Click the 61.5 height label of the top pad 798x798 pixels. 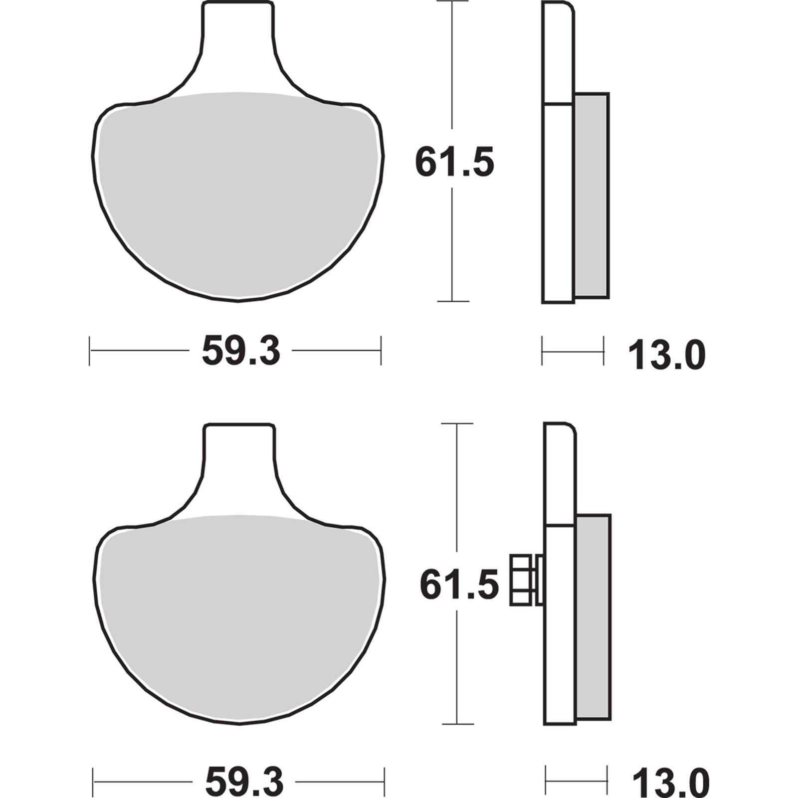(454, 162)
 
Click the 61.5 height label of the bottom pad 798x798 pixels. (459, 585)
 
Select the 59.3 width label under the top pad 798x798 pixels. (241, 351)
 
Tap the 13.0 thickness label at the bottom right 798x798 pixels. (670, 783)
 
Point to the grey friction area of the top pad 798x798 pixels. (238, 195)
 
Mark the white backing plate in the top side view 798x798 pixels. (558, 199)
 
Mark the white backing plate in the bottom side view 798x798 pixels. (561, 623)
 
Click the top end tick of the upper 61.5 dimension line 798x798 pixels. (452, 1)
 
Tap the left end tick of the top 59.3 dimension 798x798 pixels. (89, 351)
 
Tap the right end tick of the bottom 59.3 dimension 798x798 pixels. (384, 782)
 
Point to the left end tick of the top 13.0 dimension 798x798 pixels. (542, 351)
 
